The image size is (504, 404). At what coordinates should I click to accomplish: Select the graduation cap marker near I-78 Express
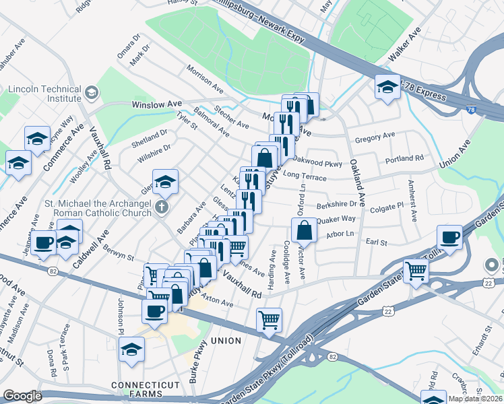[x=387, y=87]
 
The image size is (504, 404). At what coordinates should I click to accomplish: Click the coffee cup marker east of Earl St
[x=449, y=237]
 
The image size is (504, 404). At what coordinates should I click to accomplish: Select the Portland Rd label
[x=404, y=159]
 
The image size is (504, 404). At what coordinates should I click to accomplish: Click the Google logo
[x=22, y=396]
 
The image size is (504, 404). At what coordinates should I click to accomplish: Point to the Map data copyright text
[x=475, y=399]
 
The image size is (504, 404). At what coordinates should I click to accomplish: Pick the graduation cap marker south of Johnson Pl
[x=131, y=348]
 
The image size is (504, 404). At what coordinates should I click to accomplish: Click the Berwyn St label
[x=119, y=252]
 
